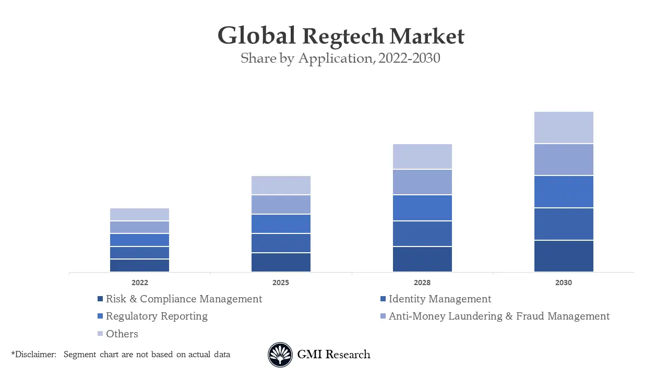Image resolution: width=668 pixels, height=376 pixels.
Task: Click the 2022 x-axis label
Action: pyautogui.click(x=139, y=283)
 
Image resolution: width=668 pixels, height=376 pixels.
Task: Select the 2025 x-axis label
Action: pyautogui.click(x=280, y=283)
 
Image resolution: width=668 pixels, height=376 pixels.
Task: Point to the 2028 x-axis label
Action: pyautogui.click(x=422, y=283)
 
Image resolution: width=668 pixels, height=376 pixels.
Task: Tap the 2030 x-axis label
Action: pyautogui.click(x=563, y=283)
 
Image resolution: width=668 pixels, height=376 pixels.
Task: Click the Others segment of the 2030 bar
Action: pyautogui.click(x=564, y=127)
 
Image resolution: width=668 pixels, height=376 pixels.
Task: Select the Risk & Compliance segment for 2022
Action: pyautogui.click(x=139, y=265)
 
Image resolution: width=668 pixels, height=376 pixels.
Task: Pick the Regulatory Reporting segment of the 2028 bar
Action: pyautogui.click(x=422, y=208)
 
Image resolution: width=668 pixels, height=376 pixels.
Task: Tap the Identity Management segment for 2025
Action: pyautogui.click(x=281, y=243)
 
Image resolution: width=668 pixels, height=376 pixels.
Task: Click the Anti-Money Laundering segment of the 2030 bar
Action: pyautogui.click(x=564, y=160)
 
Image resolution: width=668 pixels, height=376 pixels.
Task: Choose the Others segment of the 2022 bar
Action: pyautogui.click(x=139, y=214)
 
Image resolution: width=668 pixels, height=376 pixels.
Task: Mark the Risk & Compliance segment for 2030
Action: pyautogui.click(x=564, y=256)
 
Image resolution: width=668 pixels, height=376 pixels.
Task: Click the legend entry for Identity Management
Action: pyautogui.click(x=439, y=299)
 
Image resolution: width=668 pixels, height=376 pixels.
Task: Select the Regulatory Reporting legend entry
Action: pyautogui.click(x=157, y=316)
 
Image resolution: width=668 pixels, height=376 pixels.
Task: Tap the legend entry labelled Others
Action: pyautogui.click(x=122, y=334)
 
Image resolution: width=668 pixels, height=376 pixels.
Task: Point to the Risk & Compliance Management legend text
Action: pyautogui.click(x=184, y=299)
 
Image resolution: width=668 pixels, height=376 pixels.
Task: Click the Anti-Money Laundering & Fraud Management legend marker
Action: pyautogui.click(x=383, y=316)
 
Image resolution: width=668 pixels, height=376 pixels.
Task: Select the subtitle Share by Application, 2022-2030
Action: pyautogui.click(x=340, y=58)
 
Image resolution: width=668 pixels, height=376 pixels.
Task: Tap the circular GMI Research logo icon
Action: pyautogui.click(x=280, y=355)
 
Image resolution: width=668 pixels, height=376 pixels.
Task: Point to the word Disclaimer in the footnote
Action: pyautogui.click(x=35, y=355)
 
